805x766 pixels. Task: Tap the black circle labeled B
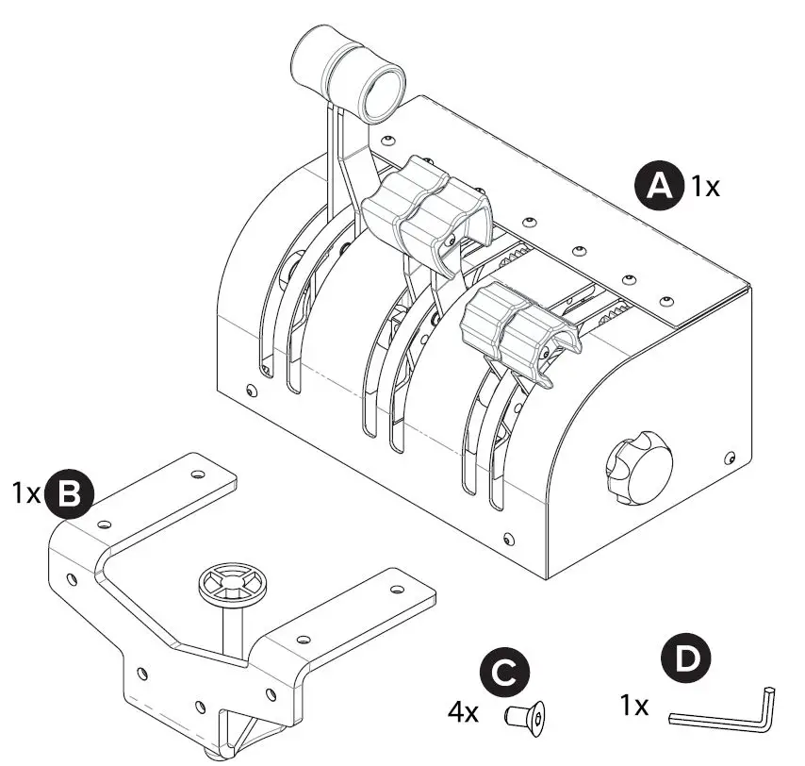point(69,494)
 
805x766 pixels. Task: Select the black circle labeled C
point(505,674)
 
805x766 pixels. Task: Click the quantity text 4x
point(463,711)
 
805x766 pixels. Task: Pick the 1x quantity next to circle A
point(704,186)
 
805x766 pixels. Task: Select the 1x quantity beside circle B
point(26,493)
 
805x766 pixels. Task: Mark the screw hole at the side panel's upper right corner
point(729,458)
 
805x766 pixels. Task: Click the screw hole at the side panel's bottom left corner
point(509,540)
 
